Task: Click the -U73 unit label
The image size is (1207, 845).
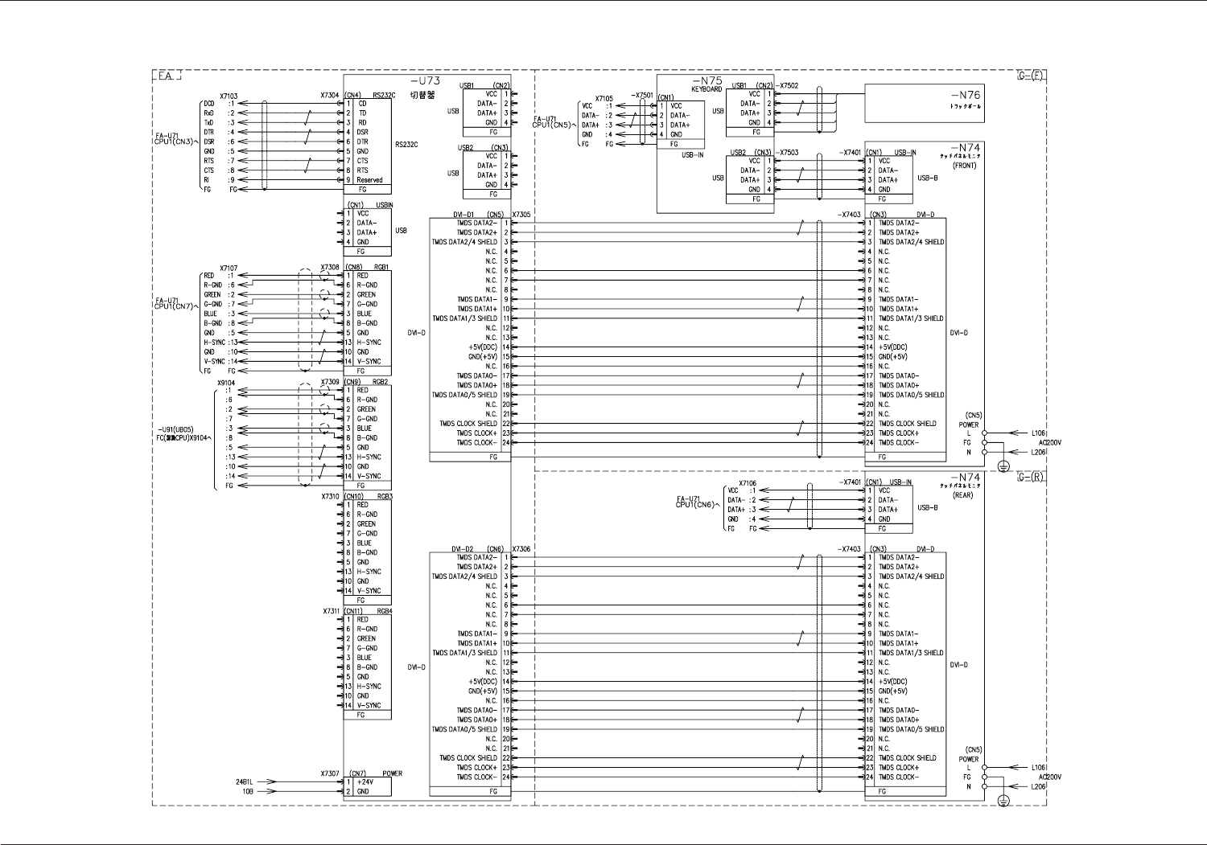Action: click(425, 81)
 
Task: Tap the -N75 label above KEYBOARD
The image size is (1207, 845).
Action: click(707, 80)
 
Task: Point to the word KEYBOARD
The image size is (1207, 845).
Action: click(706, 89)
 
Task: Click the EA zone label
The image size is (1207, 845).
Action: click(166, 76)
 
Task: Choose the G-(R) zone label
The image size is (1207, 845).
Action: click(1031, 477)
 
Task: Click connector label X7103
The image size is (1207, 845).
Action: click(229, 96)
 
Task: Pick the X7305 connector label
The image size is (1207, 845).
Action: click(521, 215)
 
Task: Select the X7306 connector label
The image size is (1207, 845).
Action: click(521, 549)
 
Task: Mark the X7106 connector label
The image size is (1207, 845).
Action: click(748, 482)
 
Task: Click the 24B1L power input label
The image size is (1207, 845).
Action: click(245, 781)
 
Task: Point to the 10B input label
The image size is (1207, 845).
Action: click(249, 791)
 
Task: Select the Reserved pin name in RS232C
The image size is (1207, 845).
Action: click(369, 180)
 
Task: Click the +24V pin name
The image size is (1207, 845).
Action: click(367, 781)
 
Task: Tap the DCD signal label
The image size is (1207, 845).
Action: click(209, 104)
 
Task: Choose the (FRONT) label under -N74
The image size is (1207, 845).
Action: click(964, 166)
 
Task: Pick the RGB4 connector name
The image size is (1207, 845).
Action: click(384, 611)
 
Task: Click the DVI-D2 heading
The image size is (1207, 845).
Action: click(463, 549)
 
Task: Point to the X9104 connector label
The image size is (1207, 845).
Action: click(226, 383)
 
